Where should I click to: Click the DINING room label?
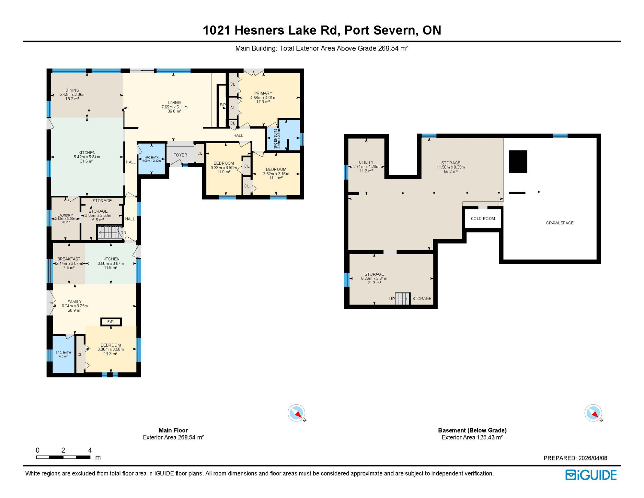click(72, 90)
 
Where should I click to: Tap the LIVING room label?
click(174, 103)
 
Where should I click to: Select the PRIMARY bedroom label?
click(263, 93)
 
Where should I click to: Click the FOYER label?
click(180, 155)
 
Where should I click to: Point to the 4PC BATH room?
click(152, 159)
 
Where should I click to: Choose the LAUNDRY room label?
click(65, 215)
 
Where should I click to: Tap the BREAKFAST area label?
click(69, 259)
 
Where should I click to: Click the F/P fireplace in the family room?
click(111, 322)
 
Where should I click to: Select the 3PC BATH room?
click(63, 354)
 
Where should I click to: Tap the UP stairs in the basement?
click(402, 298)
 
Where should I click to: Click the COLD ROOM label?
click(483, 219)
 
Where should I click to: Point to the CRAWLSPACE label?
click(559, 223)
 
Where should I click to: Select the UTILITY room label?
click(366, 162)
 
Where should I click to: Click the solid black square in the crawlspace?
click(518, 161)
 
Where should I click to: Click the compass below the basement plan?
click(593, 413)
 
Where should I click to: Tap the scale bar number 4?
click(90, 450)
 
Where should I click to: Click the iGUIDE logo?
click(591, 475)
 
